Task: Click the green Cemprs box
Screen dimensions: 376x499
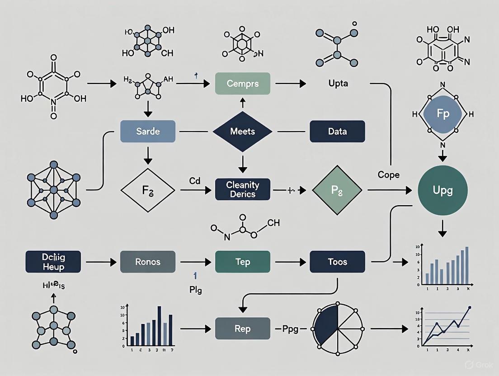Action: [242, 83]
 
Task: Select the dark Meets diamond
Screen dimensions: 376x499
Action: [242, 132]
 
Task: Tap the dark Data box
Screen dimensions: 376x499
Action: [337, 132]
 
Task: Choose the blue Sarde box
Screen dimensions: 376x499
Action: [147, 132]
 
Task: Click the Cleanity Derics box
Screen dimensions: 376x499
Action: [242, 190]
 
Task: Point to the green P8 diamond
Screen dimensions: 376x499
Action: [337, 190]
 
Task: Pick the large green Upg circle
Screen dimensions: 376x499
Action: [443, 190]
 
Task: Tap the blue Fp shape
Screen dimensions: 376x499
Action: [443, 114]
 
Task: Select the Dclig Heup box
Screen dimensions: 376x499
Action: [53, 262]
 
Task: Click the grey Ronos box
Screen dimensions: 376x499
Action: [147, 262]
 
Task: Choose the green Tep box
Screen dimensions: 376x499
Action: [242, 262]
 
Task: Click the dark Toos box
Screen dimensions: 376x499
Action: [337, 262]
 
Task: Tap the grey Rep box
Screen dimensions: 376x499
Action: [242, 329]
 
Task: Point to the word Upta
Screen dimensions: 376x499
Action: [338, 84]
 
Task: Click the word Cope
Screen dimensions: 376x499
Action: [388, 175]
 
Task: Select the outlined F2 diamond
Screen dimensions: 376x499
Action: [147, 190]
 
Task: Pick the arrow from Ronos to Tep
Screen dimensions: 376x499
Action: [195, 262]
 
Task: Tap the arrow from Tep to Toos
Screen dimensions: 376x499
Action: [290, 262]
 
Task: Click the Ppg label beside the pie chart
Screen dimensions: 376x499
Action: [291, 329]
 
